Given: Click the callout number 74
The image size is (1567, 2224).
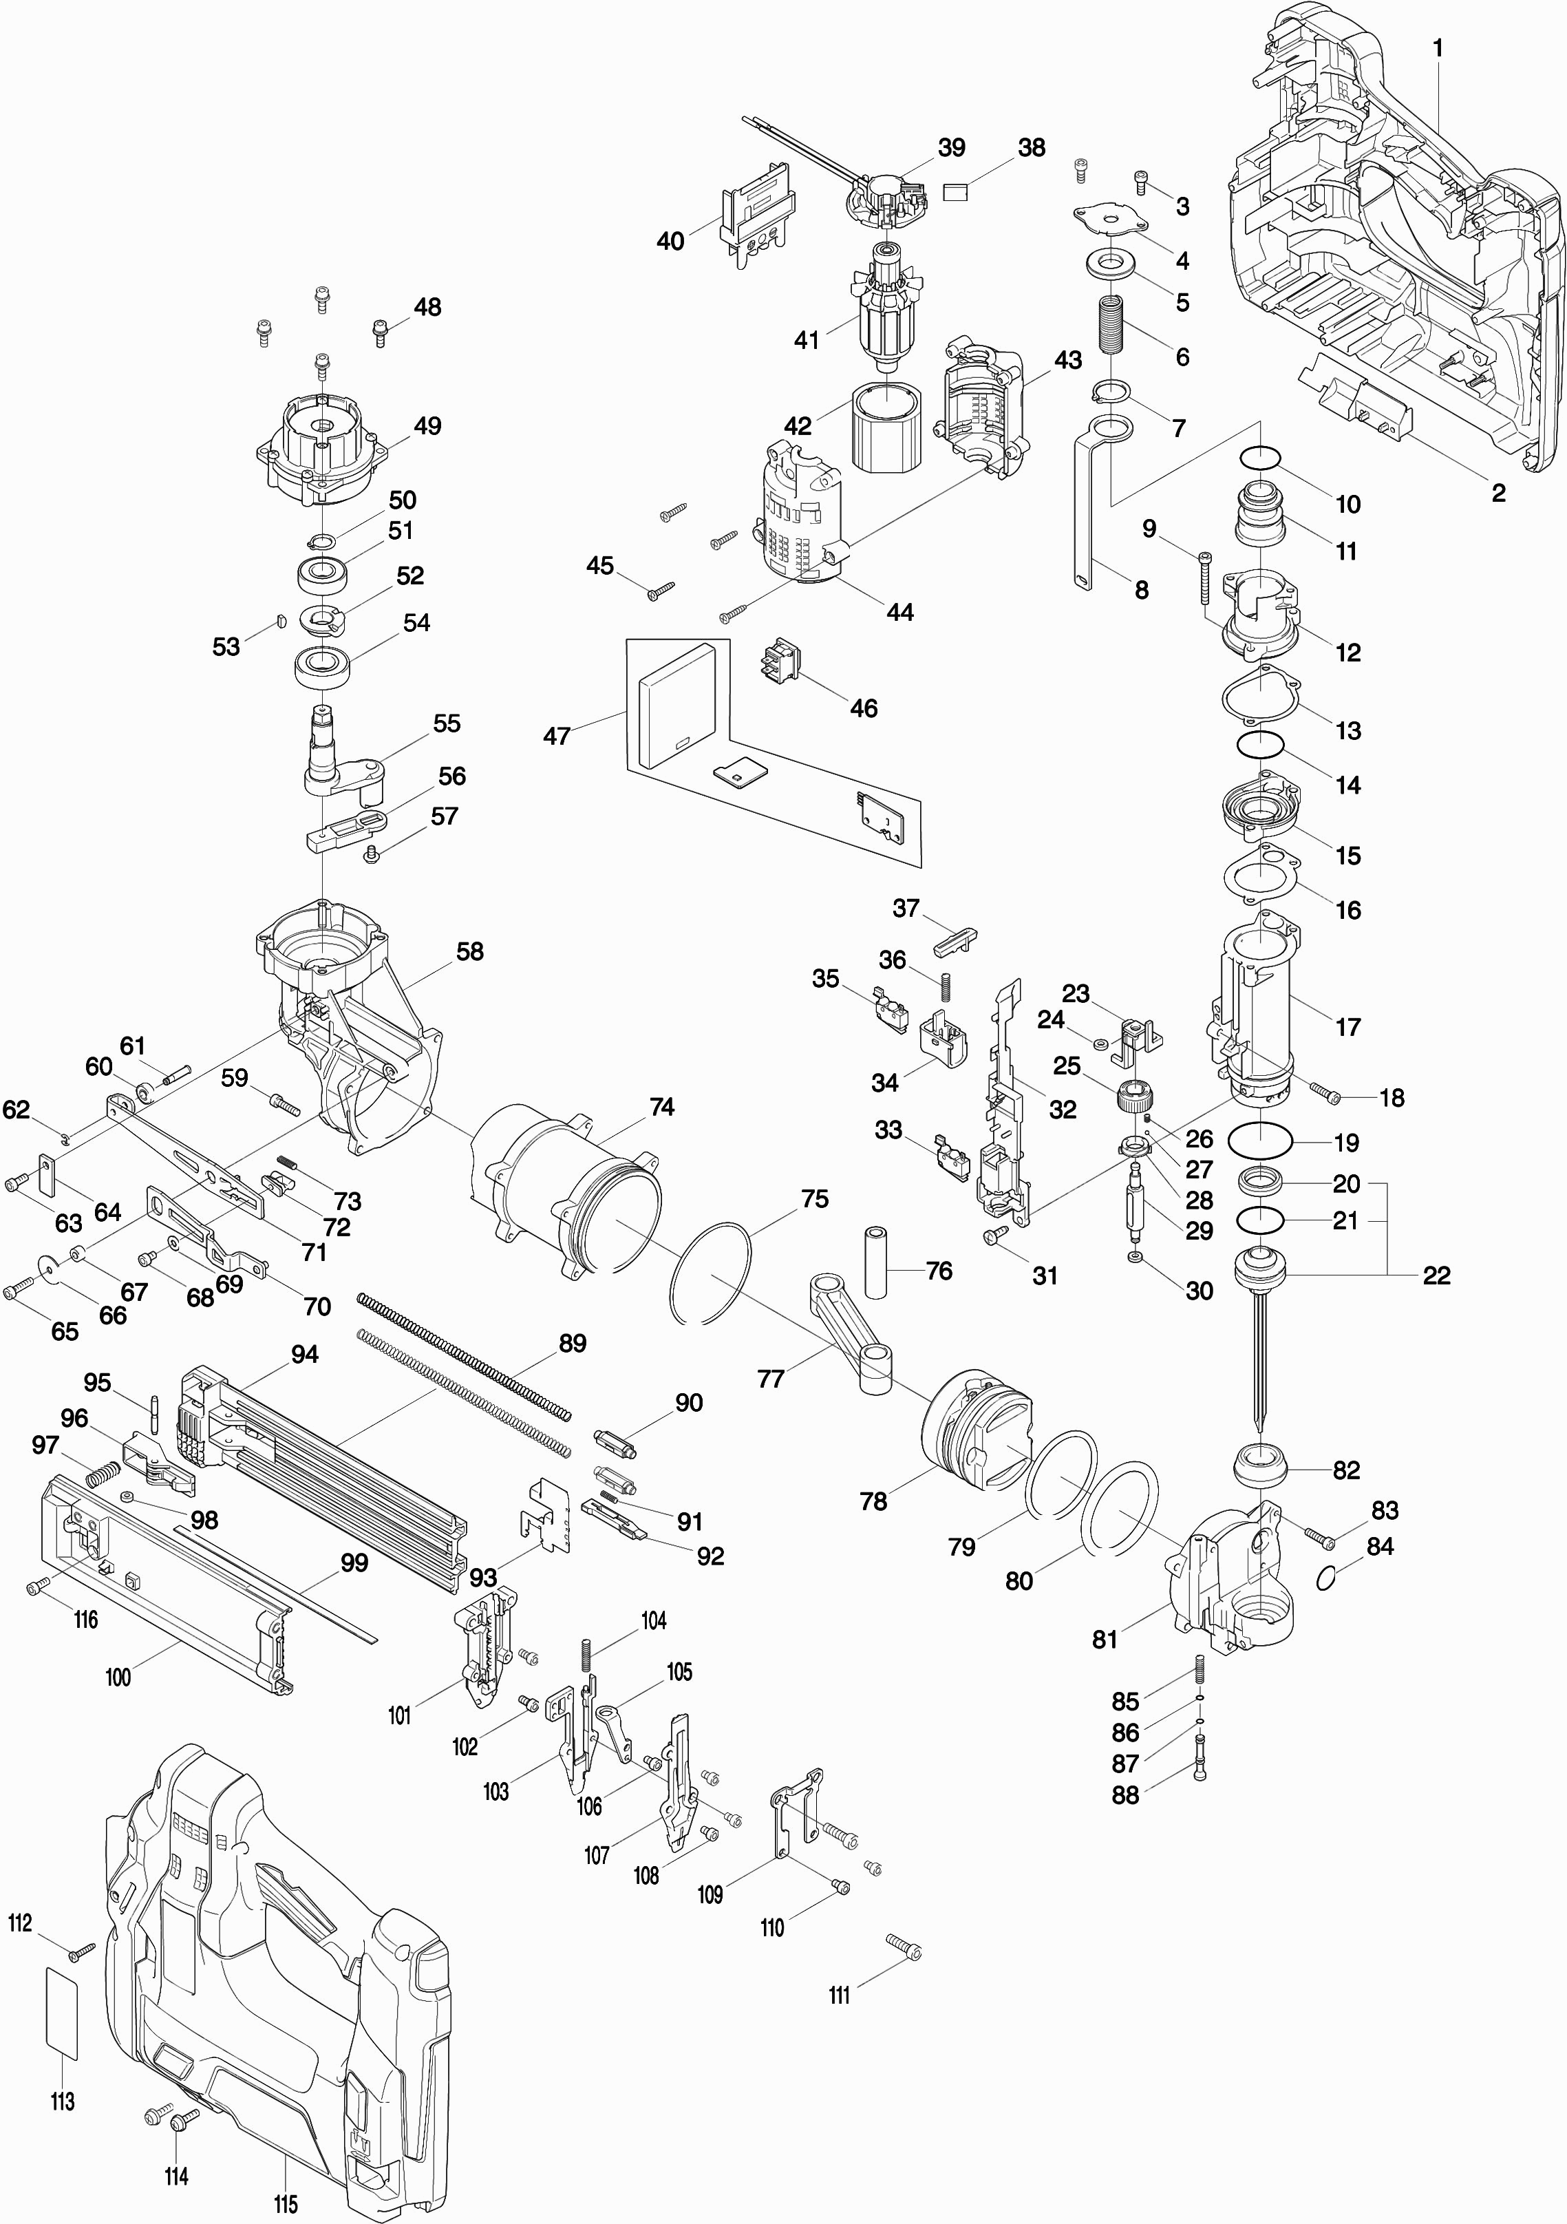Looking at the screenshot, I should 661,1106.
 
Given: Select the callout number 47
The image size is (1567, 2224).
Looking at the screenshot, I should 556,736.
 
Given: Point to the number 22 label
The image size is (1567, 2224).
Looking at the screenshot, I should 1436,1275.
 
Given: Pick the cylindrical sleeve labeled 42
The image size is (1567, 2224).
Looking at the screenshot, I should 884,423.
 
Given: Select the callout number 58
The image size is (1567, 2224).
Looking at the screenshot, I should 470,951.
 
